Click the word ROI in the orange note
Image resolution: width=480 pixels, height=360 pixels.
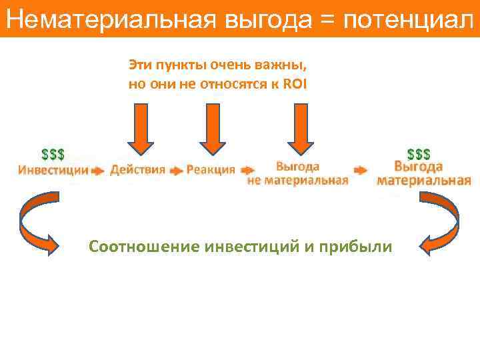[x=294, y=84]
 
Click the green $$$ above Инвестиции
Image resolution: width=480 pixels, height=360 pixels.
[x=53, y=155]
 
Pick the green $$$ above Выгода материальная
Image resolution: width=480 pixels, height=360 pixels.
[x=419, y=155]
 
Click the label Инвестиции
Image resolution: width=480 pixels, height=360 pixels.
[x=53, y=169]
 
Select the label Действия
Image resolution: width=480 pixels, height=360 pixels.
[x=137, y=169]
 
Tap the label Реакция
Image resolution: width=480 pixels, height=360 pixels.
[x=211, y=169]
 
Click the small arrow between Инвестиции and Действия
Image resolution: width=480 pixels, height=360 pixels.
[x=98, y=171]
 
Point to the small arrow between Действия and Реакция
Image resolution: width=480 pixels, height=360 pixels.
[x=176, y=171]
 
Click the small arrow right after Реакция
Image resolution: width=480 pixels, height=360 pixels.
[x=247, y=171]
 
